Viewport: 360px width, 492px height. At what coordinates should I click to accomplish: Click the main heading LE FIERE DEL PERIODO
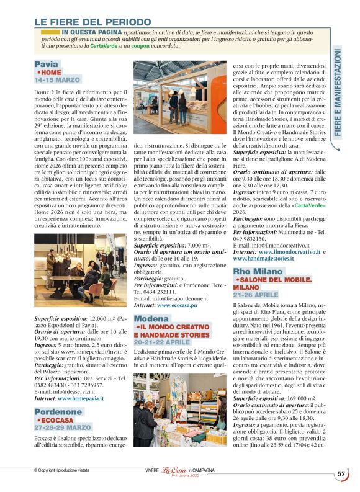92,22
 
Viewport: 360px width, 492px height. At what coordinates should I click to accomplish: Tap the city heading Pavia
47,64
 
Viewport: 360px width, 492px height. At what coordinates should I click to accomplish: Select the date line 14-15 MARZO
57,80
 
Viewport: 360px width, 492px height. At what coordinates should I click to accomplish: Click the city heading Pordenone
58,412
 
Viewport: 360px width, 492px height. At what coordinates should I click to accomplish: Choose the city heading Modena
151,318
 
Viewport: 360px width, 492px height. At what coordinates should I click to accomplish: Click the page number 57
341,473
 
